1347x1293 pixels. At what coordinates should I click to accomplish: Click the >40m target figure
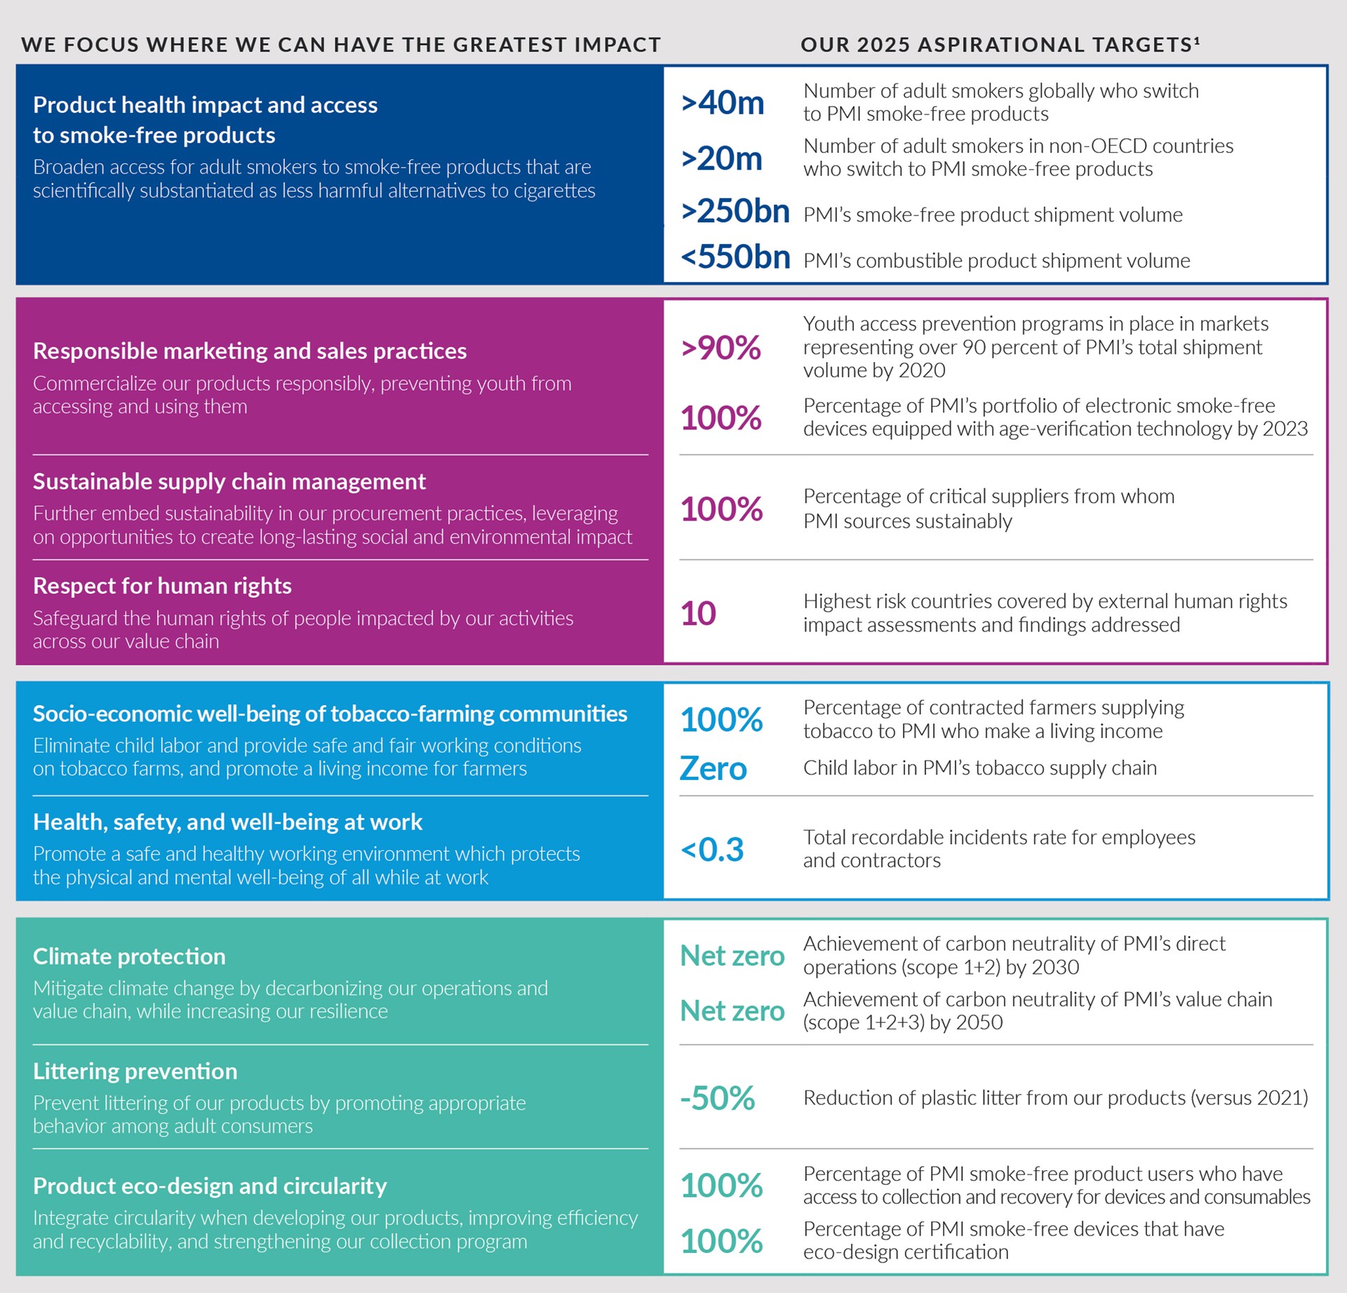pyautogui.click(x=722, y=103)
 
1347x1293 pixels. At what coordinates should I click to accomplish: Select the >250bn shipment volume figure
pyautogui.click(x=735, y=211)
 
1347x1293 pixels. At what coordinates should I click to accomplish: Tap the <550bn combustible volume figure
pyautogui.click(x=735, y=257)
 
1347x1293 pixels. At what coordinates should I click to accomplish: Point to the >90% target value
pyautogui.click(x=721, y=348)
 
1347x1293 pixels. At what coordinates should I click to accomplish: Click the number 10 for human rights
pyautogui.click(x=698, y=614)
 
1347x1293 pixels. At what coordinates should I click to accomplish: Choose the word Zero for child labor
pyautogui.click(x=713, y=769)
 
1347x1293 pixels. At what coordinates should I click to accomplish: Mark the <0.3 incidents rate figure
pyautogui.click(x=711, y=850)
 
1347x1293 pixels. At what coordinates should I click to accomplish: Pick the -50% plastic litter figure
pyautogui.click(x=717, y=1099)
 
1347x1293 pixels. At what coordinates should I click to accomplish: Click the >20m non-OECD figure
pyautogui.click(x=721, y=159)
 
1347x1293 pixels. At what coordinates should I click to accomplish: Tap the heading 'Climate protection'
pyautogui.click(x=129, y=956)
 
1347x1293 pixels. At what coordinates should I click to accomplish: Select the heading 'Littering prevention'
pyautogui.click(x=135, y=1071)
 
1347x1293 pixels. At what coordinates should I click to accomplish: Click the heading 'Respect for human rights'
pyautogui.click(x=162, y=586)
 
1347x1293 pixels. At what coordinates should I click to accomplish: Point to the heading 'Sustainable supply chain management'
pyautogui.click(x=229, y=481)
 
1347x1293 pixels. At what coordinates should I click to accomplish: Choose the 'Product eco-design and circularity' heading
pyautogui.click(x=210, y=1186)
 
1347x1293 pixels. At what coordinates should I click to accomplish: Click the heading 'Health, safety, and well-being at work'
pyautogui.click(x=227, y=822)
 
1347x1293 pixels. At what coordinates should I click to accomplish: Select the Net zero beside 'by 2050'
pyautogui.click(x=732, y=1011)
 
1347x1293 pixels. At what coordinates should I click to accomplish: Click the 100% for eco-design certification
pyautogui.click(x=721, y=1241)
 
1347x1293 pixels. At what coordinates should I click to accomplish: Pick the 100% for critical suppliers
pyautogui.click(x=721, y=509)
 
